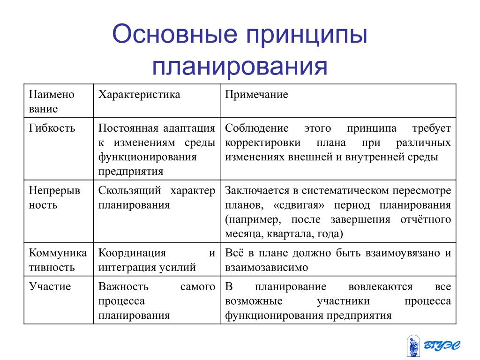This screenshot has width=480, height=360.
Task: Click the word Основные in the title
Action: (175, 34)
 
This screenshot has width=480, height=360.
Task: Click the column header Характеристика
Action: (139, 95)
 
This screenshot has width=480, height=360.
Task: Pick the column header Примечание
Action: (256, 95)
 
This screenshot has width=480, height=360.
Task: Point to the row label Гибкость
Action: (52, 128)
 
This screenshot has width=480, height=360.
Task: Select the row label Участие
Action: (50, 286)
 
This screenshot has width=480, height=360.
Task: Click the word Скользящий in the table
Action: (129, 190)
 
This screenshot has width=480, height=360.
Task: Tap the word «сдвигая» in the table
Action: (299, 205)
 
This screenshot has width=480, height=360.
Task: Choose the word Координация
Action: (132, 253)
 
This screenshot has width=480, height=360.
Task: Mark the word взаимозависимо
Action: (267, 267)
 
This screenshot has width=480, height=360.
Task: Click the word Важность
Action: (123, 286)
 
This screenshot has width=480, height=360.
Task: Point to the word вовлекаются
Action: (381, 286)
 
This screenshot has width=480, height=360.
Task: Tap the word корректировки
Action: (263, 142)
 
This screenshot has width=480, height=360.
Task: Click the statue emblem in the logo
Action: (413, 346)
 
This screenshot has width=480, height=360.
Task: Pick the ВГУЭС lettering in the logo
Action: (442, 345)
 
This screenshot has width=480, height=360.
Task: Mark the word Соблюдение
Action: (257, 128)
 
